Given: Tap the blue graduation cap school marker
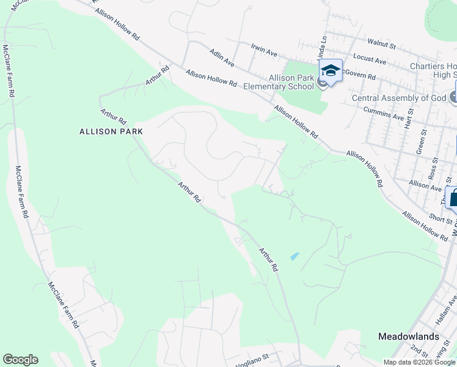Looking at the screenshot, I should pyautogui.click(x=330, y=71).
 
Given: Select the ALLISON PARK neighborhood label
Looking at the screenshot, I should pyautogui.click(x=111, y=131).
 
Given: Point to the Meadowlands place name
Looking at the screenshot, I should pyautogui.click(x=408, y=336).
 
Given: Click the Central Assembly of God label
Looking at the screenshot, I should pyautogui.click(x=400, y=98).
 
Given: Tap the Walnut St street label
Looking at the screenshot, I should pyautogui.click(x=382, y=43).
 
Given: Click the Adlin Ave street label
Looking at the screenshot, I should pyautogui.click(x=222, y=58).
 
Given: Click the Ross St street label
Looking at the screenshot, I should pyautogui.click(x=433, y=165).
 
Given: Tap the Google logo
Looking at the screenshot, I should pyautogui.click(x=20, y=360).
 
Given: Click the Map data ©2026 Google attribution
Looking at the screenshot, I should pyautogui.click(x=419, y=362).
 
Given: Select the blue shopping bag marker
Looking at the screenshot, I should pyautogui.click(x=453, y=198).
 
